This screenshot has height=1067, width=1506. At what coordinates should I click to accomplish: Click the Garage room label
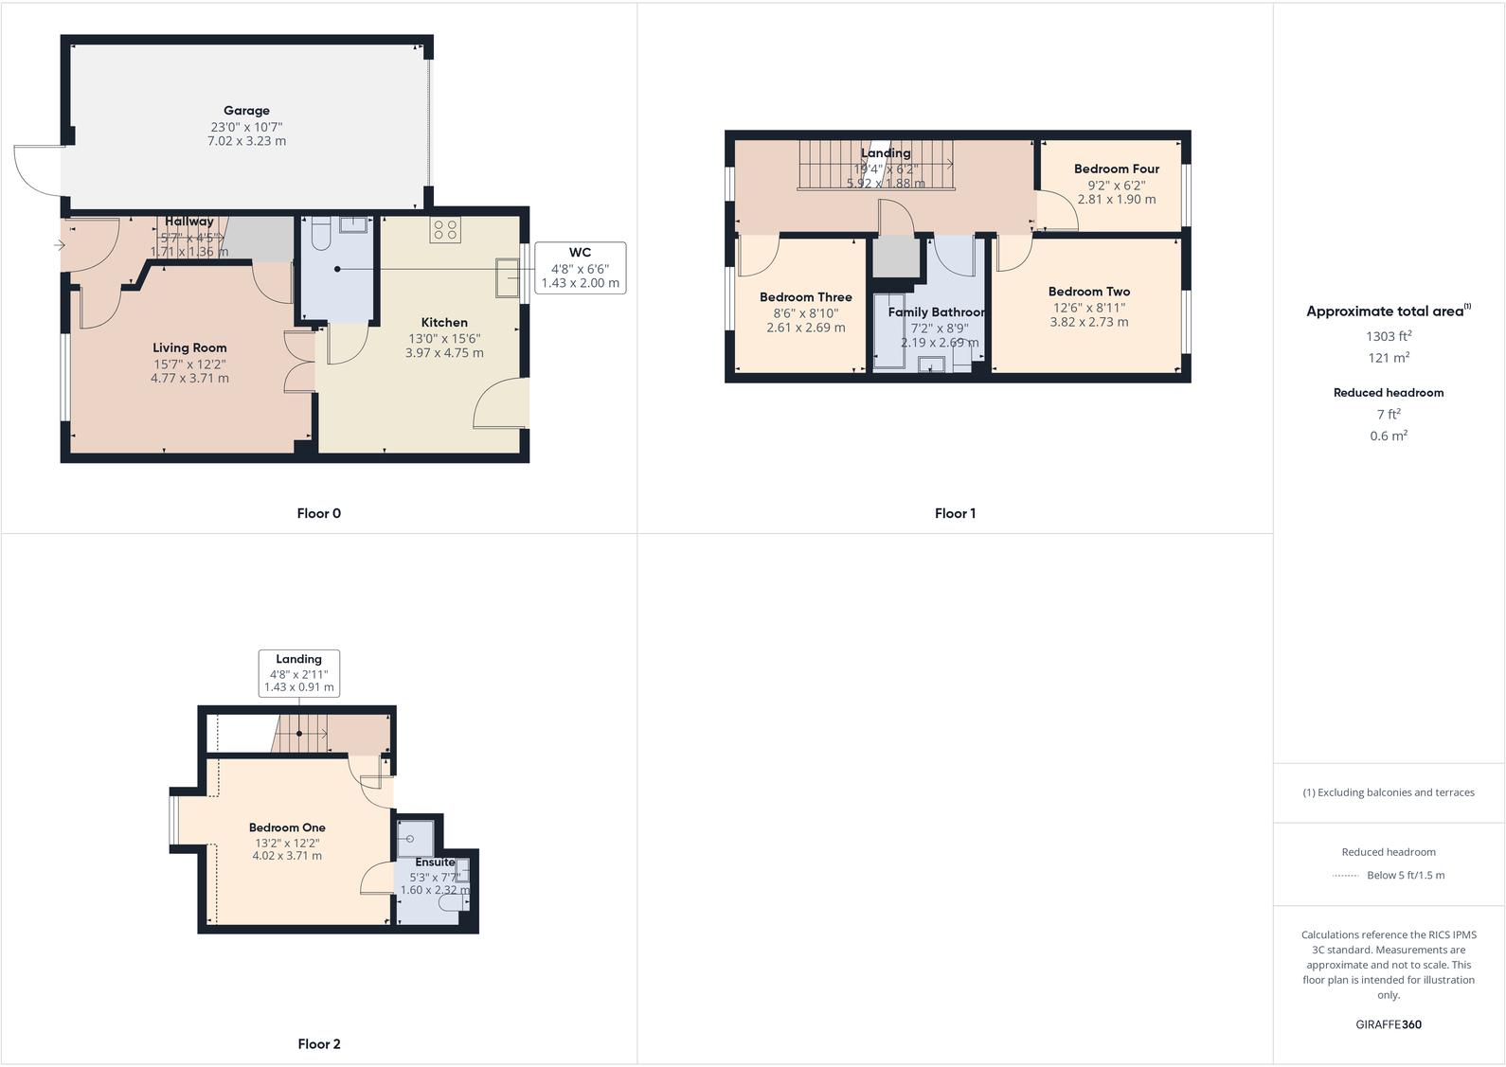tap(246, 111)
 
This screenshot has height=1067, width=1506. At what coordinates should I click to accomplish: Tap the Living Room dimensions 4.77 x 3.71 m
tap(189, 378)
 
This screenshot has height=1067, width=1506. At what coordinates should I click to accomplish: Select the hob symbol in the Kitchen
tap(445, 229)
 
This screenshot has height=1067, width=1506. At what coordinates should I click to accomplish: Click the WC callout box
tap(580, 267)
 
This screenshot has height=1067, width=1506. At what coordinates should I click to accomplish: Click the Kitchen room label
tap(444, 322)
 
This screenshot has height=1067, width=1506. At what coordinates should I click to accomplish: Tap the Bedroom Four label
tap(1116, 169)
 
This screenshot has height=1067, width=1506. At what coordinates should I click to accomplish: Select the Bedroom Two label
tap(1088, 292)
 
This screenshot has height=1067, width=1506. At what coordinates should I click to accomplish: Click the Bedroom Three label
tap(805, 296)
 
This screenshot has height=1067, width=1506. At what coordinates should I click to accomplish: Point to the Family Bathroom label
tap(936, 311)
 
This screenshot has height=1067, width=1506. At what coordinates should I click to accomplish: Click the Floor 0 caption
tap(318, 513)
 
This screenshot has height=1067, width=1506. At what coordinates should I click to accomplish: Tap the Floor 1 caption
tap(955, 513)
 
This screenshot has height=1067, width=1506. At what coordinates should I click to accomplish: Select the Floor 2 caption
tap(318, 1043)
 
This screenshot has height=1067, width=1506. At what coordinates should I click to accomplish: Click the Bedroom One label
tap(287, 827)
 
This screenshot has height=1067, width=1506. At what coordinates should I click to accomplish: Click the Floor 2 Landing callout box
tap(299, 673)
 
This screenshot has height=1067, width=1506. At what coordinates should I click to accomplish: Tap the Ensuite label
tap(435, 862)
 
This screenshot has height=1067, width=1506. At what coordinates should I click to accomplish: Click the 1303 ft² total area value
tap(1389, 336)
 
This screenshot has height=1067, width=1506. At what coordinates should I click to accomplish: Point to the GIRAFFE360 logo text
tap(1389, 1024)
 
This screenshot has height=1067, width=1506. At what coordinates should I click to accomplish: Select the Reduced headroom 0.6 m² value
tap(1389, 436)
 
